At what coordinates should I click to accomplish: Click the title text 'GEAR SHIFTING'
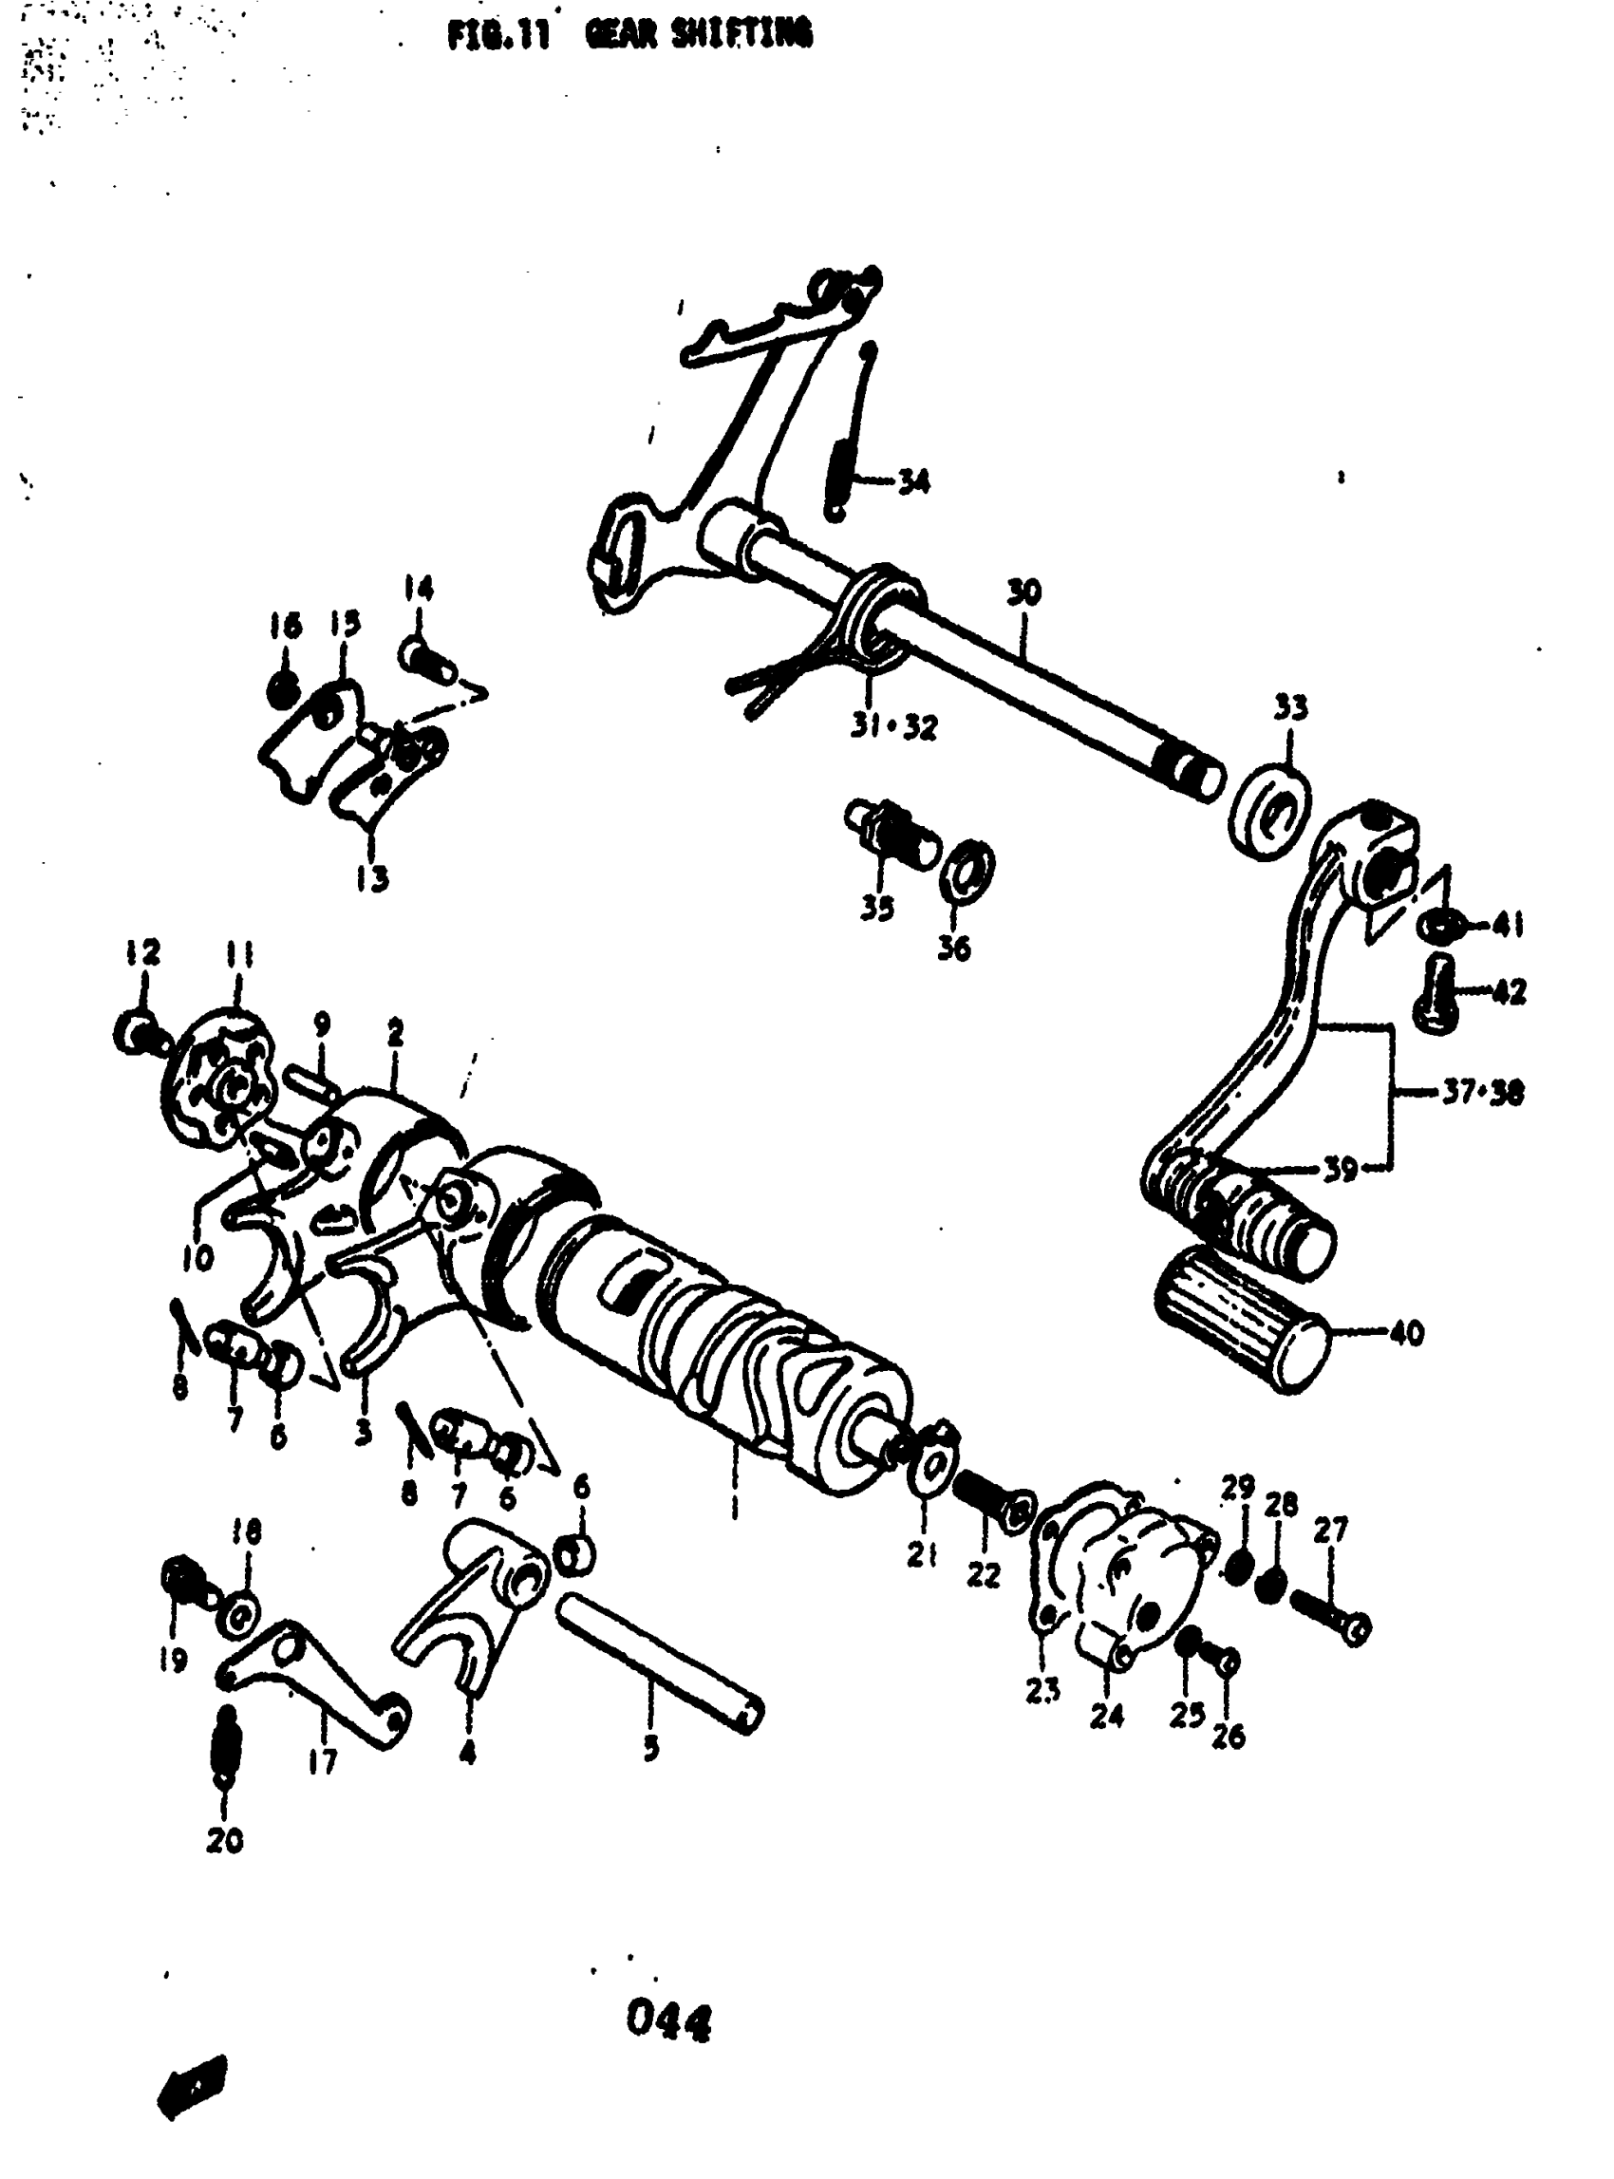(x=698, y=35)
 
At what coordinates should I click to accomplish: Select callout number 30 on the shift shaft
(x=1023, y=592)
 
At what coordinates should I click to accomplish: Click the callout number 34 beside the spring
(x=913, y=480)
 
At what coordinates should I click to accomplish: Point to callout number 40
(x=1406, y=1333)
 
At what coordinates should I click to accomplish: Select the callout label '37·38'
(x=1482, y=1092)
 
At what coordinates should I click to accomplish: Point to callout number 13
(x=372, y=877)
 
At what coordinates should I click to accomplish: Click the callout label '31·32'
(x=893, y=727)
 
